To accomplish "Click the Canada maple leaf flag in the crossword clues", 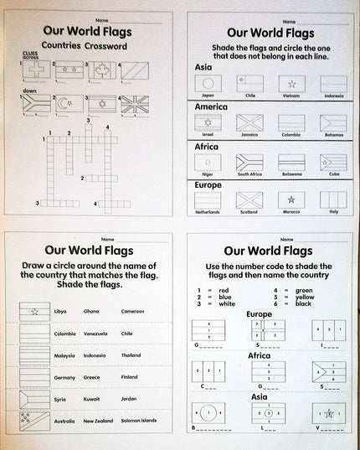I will click(x=103, y=71).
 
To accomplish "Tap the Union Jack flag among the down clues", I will click(x=134, y=104).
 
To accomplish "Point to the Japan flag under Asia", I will click(x=208, y=84).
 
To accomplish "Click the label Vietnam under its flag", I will click(x=291, y=96).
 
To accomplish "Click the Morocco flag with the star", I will click(x=291, y=199).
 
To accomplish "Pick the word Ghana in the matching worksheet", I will click(x=90, y=311).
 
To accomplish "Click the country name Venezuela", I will click(x=95, y=333).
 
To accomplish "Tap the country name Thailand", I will click(x=131, y=354).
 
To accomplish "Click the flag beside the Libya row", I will click(x=35, y=312).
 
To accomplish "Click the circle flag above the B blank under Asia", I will click(x=208, y=413).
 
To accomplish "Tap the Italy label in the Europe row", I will click(x=333, y=212).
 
